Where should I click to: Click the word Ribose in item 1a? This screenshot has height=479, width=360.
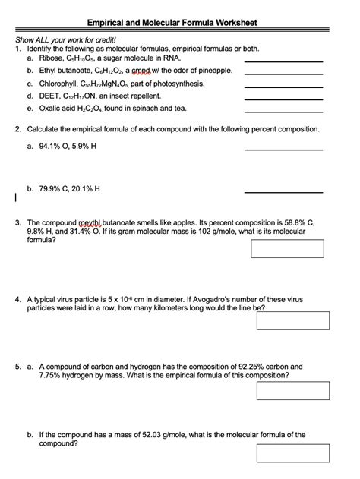(x=51, y=58)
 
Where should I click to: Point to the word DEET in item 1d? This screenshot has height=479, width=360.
(x=49, y=96)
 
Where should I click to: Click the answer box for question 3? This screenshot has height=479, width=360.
(x=287, y=249)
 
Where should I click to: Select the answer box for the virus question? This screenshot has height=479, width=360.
(x=292, y=320)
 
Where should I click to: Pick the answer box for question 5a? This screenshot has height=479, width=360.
(x=292, y=390)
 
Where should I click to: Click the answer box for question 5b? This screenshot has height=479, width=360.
(x=292, y=453)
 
